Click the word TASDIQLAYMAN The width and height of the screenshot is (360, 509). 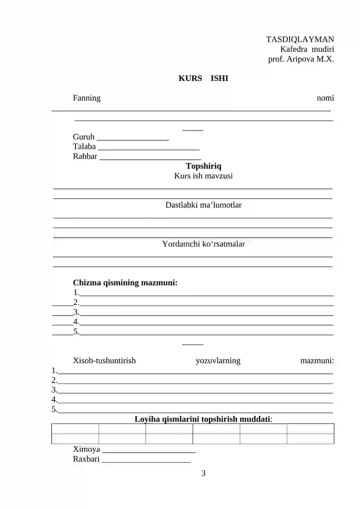[300, 40]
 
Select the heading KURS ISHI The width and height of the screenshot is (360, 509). [203, 78]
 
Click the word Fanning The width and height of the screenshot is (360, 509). [87, 98]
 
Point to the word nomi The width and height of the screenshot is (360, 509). [325, 98]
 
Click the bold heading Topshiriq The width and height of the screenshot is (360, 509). [203, 166]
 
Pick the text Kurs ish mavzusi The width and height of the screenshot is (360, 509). [203, 176]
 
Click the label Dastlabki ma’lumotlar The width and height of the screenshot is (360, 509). [203, 205]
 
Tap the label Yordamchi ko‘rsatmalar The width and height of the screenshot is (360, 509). [203, 244]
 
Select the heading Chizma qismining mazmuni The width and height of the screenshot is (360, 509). [125, 283]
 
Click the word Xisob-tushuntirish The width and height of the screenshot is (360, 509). [104, 360]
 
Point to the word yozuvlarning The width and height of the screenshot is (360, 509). [218, 360]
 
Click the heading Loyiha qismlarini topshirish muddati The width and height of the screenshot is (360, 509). [203, 419]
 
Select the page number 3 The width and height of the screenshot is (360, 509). [203, 473]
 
